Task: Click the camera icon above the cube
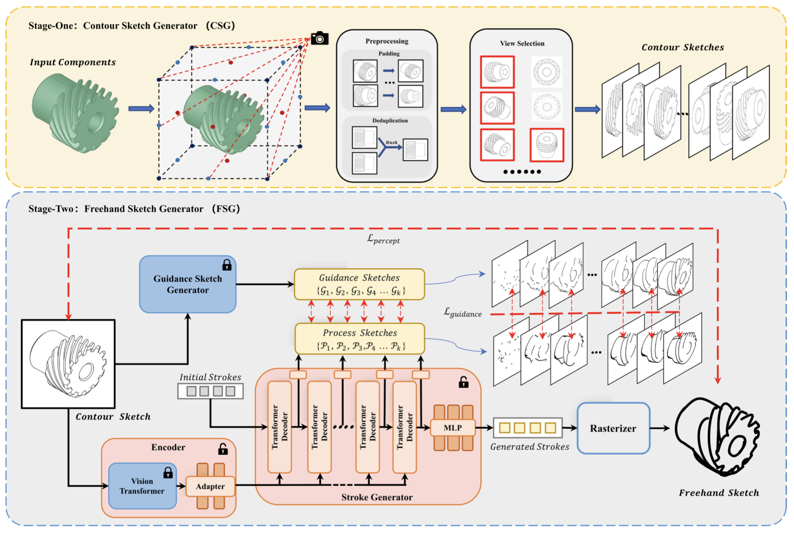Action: (x=320, y=38)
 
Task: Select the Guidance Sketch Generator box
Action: (x=188, y=285)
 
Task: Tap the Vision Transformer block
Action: (x=142, y=486)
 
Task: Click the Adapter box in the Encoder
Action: (x=210, y=486)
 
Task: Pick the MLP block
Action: (x=453, y=428)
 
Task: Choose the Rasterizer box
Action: (x=613, y=428)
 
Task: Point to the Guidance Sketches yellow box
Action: (x=359, y=284)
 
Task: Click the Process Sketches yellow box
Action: (x=360, y=339)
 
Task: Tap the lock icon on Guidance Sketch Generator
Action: (x=227, y=265)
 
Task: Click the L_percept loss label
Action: (x=383, y=240)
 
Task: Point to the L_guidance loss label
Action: (x=462, y=313)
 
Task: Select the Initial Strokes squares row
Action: (x=210, y=391)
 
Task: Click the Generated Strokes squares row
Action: (x=527, y=428)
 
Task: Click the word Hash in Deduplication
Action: (x=391, y=142)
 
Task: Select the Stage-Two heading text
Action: (x=134, y=209)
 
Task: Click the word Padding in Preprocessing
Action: (x=389, y=54)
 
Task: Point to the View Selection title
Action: (x=522, y=43)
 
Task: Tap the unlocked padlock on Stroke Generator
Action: (x=463, y=382)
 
